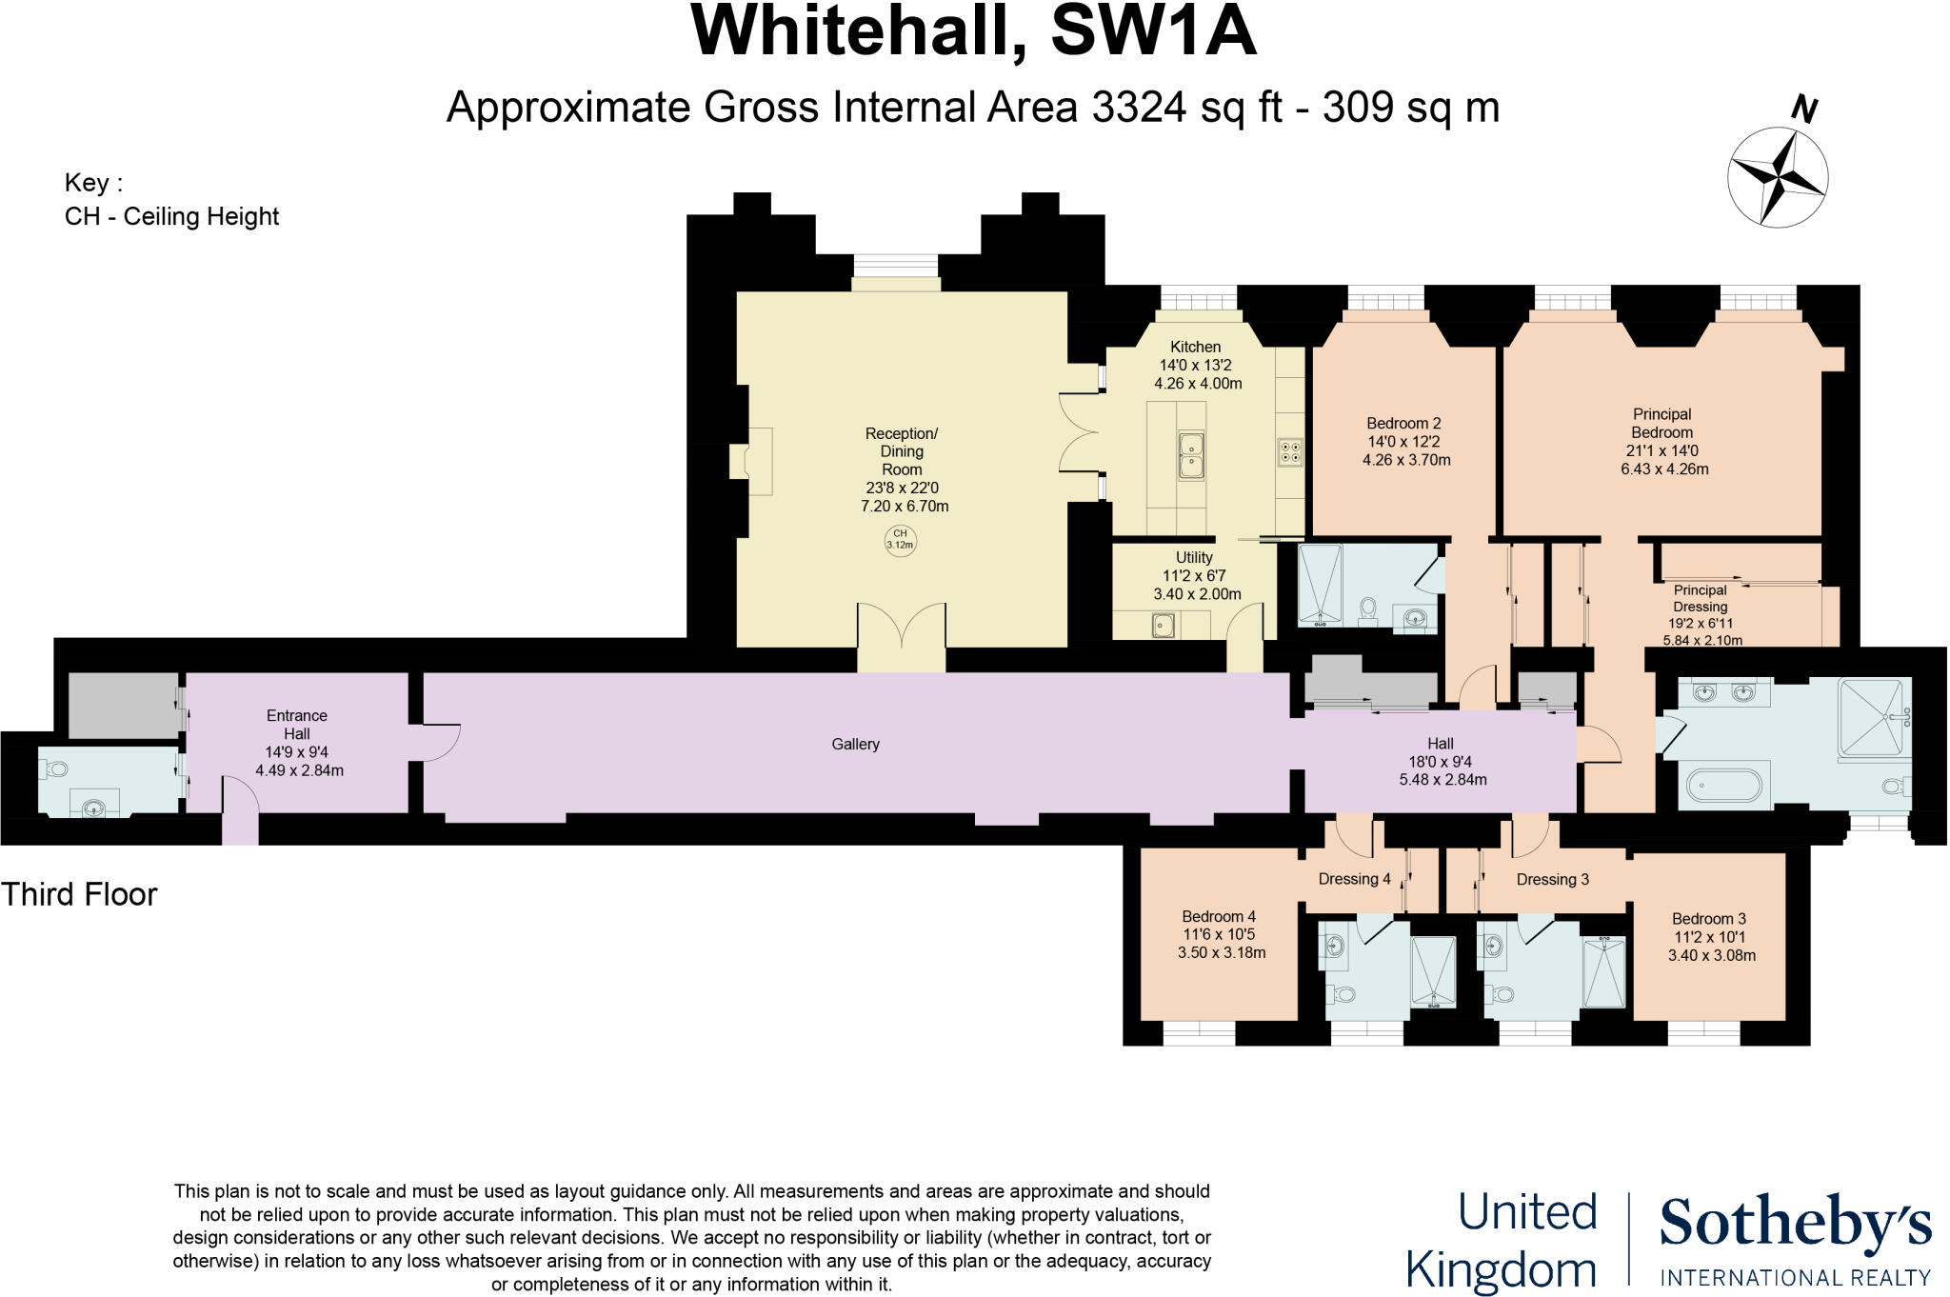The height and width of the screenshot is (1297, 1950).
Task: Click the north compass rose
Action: (x=1777, y=177)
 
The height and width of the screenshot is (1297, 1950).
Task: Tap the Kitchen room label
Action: (x=1195, y=347)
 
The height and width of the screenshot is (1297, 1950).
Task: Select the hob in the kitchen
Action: (x=1290, y=451)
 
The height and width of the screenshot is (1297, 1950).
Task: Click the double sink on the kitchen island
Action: (x=1191, y=455)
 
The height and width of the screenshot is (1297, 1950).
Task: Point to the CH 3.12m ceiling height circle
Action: (x=900, y=539)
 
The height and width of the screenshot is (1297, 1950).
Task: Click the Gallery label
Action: (x=855, y=744)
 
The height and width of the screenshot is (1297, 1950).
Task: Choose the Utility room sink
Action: (x=1163, y=626)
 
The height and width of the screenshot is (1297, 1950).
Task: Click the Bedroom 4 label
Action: (x=1219, y=917)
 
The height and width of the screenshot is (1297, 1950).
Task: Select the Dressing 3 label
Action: (x=1552, y=879)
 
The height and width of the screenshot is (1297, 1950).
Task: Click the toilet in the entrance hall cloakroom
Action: (x=55, y=768)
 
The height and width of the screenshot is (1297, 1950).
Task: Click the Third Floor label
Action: (x=79, y=894)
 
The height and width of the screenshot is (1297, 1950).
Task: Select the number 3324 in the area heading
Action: (x=1139, y=107)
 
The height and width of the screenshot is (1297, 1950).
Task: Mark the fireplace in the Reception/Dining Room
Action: (x=752, y=461)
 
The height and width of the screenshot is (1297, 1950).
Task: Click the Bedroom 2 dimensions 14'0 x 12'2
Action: (x=1403, y=442)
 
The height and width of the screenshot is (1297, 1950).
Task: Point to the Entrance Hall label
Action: (x=296, y=725)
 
